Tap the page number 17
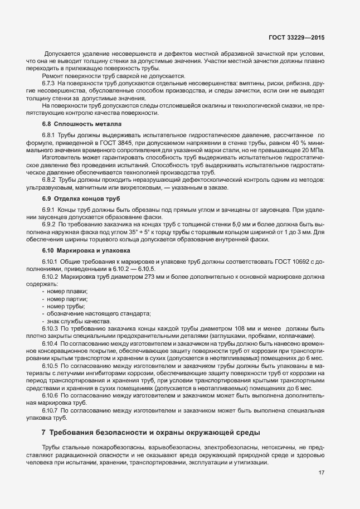pyautogui.click(x=322, y=473)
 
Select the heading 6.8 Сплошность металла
pyautogui.click(x=81, y=123)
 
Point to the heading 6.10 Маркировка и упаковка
pyautogui.click(x=85, y=250)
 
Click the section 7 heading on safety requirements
pyautogui.click(x=150, y=433)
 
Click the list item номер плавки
pyautogui.click(x=67, y=292)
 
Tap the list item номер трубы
pyautogui.click(x=66, y=307)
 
